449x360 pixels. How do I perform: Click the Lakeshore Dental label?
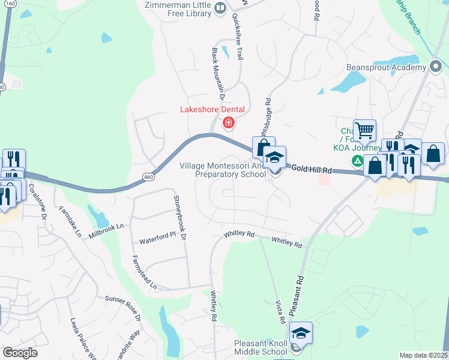pyautogui.click(x=213, y=109)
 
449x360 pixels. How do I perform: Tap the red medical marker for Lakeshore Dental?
pyautogui.click(x=228, y=123)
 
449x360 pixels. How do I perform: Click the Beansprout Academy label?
pyautogui.click(x=385, y=68)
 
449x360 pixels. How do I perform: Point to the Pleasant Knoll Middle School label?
pyautogui.click(x=260, y=348)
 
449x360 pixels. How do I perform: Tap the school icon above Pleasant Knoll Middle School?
pyautogui.click(x=301, y=334)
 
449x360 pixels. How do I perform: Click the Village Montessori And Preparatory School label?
pyautogui.click(x=223, y=170)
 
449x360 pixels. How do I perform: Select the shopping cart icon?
pyautogui.click(x=364, y=130)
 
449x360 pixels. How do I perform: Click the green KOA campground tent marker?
pyautogui.click(x=357, y=160)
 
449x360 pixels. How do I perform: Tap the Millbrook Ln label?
pyautogui.click(x=106, y=229)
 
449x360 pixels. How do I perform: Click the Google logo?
pyautogui.click(x=20, y=353)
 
